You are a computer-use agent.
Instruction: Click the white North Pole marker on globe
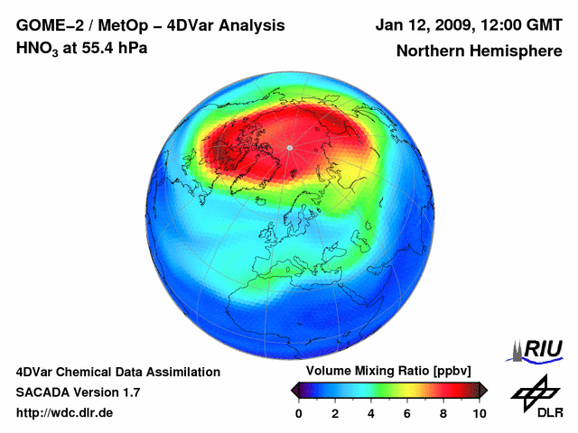pos(289,147)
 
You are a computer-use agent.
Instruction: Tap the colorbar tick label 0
pos(299,413)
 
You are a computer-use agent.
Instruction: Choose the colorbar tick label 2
pos(335,413)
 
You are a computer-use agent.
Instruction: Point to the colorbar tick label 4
pos(371,413)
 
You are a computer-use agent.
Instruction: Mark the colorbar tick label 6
pos(407,413)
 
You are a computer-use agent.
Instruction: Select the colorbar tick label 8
pos(443,413)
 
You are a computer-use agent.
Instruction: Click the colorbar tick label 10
pos(480,413)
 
